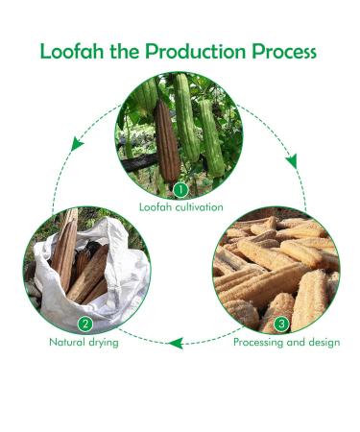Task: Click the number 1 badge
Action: [x=180, y=190]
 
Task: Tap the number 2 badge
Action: [x=84, y=324]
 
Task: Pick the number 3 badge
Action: [x=281, y=324]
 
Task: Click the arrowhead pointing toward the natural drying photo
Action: [x=174, y=341]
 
